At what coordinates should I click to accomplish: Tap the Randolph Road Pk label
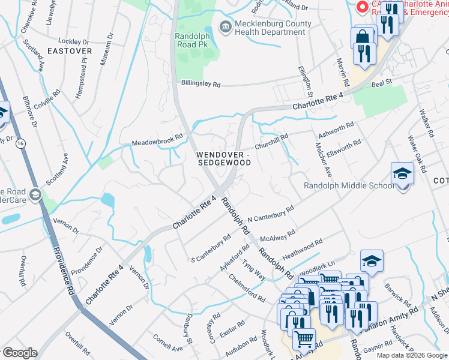pos(192,40)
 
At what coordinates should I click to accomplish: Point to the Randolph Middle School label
pos(349,185)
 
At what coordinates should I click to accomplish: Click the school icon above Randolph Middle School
pos(402,174)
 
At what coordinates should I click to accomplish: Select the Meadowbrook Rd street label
pos(157,141)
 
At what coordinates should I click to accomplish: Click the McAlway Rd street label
pos(283,233)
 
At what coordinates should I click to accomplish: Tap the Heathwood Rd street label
pos(303,250)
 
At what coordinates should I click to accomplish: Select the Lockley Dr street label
pos(74,42)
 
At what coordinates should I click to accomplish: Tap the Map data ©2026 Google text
pos(412,355)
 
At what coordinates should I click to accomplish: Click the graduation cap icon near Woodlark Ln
pos(372,261)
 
